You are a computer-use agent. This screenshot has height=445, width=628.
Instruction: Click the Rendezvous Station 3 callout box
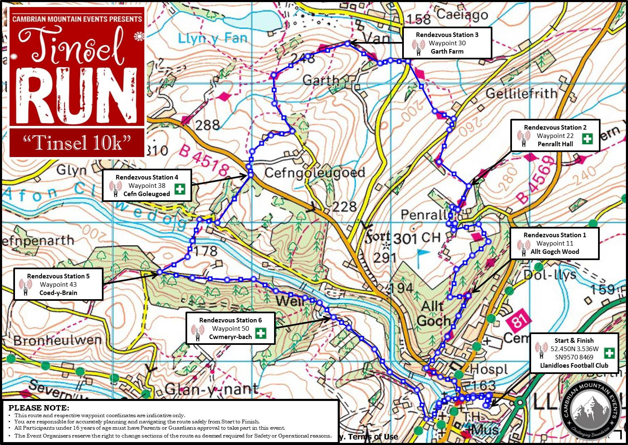[x=447, y=43]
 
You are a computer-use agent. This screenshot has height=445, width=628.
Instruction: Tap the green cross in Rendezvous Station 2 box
[x=587, y=138]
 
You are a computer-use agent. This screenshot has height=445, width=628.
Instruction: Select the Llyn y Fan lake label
[x=213, y=39]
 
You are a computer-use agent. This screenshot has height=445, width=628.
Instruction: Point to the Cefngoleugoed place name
[x=314, y=172]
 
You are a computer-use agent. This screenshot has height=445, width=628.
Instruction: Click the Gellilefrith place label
[x=521, y=93]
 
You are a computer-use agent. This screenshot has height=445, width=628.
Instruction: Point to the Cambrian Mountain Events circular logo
[x=590, y=408]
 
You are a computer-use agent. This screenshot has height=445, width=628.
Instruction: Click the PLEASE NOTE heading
[x=39, y=408]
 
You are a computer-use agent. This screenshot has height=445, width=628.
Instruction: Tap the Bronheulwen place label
[x=57, y=340]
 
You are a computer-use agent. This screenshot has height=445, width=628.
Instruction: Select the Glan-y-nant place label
[x=211, y=389]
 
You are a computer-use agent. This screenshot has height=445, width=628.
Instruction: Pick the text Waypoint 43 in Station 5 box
[x=58, y=285]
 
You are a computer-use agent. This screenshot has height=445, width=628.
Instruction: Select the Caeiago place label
[x=462, y=16]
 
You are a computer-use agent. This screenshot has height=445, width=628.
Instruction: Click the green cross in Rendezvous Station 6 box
[x=260, y=333]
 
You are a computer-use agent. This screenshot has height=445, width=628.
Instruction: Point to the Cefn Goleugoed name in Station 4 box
[x=146, y=194]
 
